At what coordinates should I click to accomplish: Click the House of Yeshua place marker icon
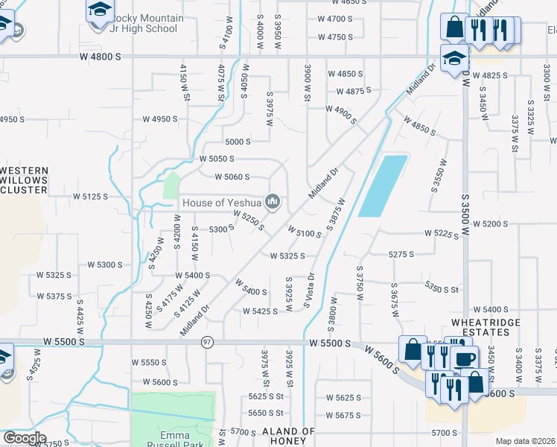click(x=273, y=202)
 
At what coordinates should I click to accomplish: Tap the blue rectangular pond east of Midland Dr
click(x=383, y=186)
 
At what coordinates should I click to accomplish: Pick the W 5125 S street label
click(x=90, y=197)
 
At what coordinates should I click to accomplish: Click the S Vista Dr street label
click(x=309, y=291)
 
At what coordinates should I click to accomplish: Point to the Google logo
click(x=24, y=437)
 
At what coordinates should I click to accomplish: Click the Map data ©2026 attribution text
click(x=525, y=441)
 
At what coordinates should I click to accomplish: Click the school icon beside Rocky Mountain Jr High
click(x=98, y=10)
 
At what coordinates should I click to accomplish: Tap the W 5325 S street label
click(x=288, y=256)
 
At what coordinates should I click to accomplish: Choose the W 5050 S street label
click(x=217, y=159)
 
